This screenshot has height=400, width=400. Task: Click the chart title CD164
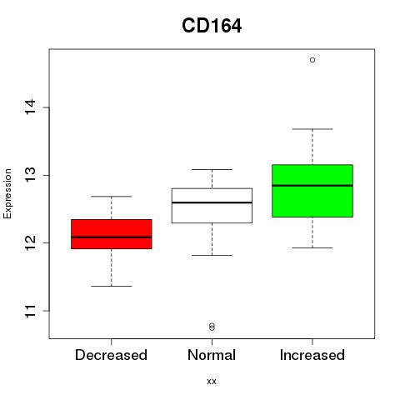[212, 26]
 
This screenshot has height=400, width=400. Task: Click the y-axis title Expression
[7, 194]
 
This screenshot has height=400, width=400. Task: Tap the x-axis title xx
[212, 382]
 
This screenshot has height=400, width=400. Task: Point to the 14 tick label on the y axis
[31, 107]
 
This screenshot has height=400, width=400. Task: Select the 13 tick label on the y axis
[31, 175]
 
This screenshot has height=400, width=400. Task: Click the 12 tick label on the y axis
[31, 242]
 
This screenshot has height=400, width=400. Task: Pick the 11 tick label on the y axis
[31, 311]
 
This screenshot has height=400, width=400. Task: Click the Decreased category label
[111, 355]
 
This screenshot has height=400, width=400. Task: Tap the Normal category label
[212, 355]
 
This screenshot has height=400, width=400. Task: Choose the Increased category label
[312, 355]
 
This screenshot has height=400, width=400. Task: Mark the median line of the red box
[112, 237]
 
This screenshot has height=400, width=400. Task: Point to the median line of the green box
[312, 185]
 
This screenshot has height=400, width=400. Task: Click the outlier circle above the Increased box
[312, 60]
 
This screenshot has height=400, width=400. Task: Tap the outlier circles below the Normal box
[212, 327]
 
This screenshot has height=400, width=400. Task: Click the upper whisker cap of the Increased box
[312, 129]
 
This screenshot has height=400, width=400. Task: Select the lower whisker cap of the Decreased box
[112, 286]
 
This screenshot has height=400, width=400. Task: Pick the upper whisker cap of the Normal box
[212, 169]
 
